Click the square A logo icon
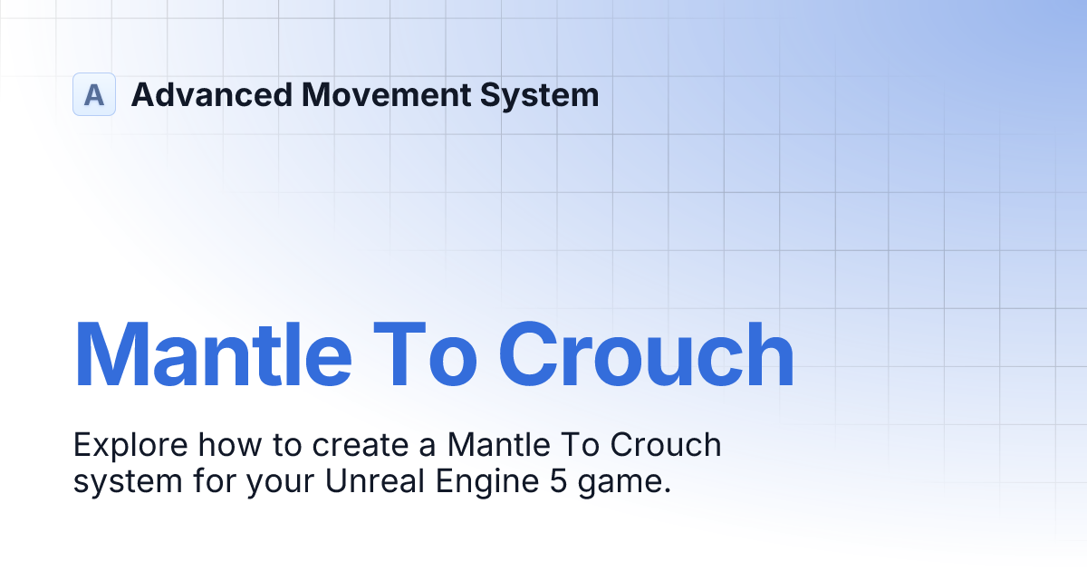click(x=94, y=94)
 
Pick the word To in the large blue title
click(x=426, y=356)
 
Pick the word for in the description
click(x=210, y=481)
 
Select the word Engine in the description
click(x=484, y=481)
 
